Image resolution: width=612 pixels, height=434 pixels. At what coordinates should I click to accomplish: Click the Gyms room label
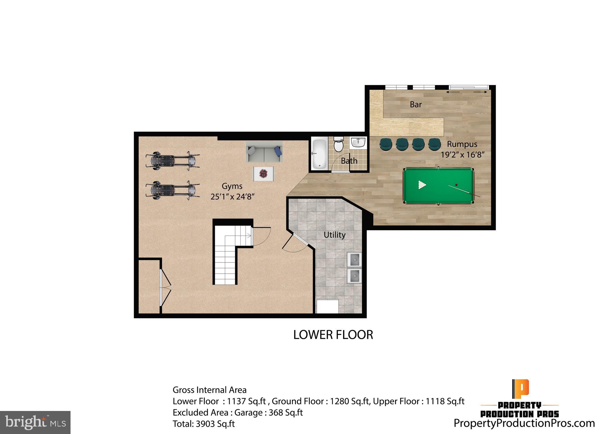[x=232, y=186]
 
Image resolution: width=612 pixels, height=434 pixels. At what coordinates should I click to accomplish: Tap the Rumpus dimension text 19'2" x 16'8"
[x=462, y=155]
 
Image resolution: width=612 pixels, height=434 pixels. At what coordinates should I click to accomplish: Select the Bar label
[x=416, y=104]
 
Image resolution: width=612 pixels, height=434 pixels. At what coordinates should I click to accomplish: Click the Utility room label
[x=334, y=235]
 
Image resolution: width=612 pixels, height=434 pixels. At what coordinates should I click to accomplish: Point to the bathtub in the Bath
[x=319, y=154]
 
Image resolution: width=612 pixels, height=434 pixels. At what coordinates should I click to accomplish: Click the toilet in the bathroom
[x=339, y=145]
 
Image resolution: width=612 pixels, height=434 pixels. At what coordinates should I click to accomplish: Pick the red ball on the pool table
[x=456, y=185]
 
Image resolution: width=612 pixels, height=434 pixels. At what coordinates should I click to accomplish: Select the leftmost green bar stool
[x=385, y=144]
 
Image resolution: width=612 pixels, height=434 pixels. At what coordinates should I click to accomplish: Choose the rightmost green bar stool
[x=434, y=144]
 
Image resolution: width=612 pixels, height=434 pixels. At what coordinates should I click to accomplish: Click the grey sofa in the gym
[x=264, y=152]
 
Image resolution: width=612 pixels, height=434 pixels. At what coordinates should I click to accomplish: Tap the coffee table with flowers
[x=263, y=173]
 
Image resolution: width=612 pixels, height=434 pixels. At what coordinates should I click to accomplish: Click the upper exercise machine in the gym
[x=172, y=161]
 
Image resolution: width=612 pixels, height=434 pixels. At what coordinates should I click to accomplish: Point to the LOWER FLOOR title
[x=333, y=335]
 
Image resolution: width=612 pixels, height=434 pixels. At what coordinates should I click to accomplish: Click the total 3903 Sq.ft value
[x=215, y=424]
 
